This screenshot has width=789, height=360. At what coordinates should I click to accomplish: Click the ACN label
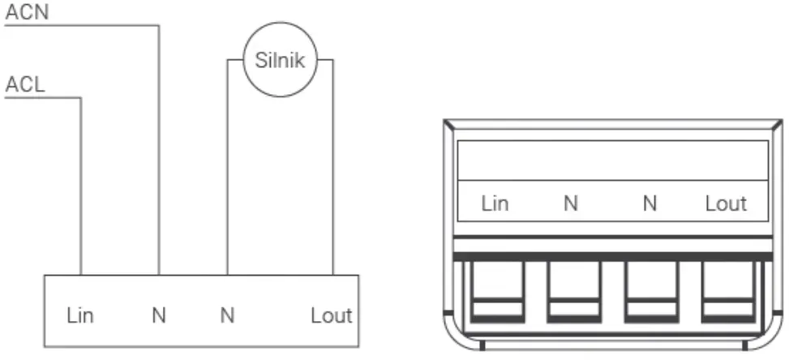pyautogui.click(x=27, y=12)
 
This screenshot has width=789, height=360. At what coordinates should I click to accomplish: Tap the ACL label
pyautogui.click(x=25, y=85)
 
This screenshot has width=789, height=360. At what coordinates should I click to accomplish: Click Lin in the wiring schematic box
pyautogui.click(x=80, y=315)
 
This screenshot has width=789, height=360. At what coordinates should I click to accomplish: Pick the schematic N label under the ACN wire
pyautogui.click(x=158, y=315)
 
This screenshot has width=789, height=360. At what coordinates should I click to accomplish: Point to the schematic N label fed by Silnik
pyautogui.click(x=227, y=315)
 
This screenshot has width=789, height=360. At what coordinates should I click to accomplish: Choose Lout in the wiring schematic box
pyautogui.click(x=331, y=315)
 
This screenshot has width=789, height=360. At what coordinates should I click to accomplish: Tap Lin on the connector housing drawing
pyautogui.click(x=495, y=204)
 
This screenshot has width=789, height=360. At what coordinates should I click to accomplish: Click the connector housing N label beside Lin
pyautogui.click(x=571, y=204)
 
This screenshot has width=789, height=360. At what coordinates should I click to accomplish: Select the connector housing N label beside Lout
pyautogui.click(x=650, y=204)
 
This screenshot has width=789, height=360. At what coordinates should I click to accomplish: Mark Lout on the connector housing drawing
pyautogui.click(x=726, y=204)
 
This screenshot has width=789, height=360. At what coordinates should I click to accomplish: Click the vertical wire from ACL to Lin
pyautogui.click(x=80, y=186)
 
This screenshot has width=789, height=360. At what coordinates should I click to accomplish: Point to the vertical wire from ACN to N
pyautogui.click(x=159, y=150)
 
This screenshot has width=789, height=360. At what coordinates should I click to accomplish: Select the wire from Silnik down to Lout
pyautogui.click(x=332, y=167)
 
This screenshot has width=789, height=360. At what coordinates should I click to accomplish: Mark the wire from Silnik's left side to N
pyautogui.click(x=227, y=167)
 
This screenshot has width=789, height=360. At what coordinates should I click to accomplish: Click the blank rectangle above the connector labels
pyautogui.click(x=612, y=160)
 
